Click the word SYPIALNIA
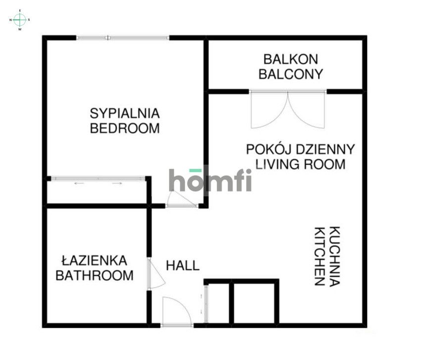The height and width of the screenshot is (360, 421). [x=124, y=113]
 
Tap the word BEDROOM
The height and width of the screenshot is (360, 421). [x=124, y=128]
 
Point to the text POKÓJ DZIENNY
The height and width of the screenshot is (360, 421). [x=300, y=149]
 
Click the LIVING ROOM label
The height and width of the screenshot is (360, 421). [x=296, y=164]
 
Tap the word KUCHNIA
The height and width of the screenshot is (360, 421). [x=335, y=256]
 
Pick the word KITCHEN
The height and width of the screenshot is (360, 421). [x=319, y=256]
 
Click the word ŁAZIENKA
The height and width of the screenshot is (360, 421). [x=94, y=260]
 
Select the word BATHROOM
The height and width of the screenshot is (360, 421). [x=94, y=276]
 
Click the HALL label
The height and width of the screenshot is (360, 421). [x=182, y=265]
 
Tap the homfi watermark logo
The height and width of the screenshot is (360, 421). [x=210, y=180]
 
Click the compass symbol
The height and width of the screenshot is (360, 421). [x=20, y=20]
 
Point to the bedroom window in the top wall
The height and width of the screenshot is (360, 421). [x=123, y=38]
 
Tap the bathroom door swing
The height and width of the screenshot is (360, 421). [x=157, y=273]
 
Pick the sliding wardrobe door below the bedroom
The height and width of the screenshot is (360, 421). [x=98, y=179]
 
